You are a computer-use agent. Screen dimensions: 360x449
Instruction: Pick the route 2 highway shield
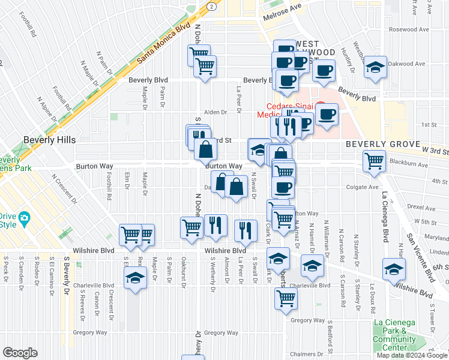(211, 5)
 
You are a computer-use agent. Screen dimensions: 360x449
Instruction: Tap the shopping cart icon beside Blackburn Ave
(374, 160)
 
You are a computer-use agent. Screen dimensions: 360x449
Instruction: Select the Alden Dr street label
(215, 112)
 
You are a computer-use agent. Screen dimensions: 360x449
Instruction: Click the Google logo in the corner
(20, 353)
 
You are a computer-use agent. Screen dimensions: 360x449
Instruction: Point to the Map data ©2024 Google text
(412, 355)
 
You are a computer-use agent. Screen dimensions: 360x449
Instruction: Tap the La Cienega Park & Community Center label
(394, 334)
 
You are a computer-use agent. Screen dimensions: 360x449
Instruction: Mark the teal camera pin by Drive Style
(24, 217)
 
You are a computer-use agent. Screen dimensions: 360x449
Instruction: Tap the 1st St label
(428, 125)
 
